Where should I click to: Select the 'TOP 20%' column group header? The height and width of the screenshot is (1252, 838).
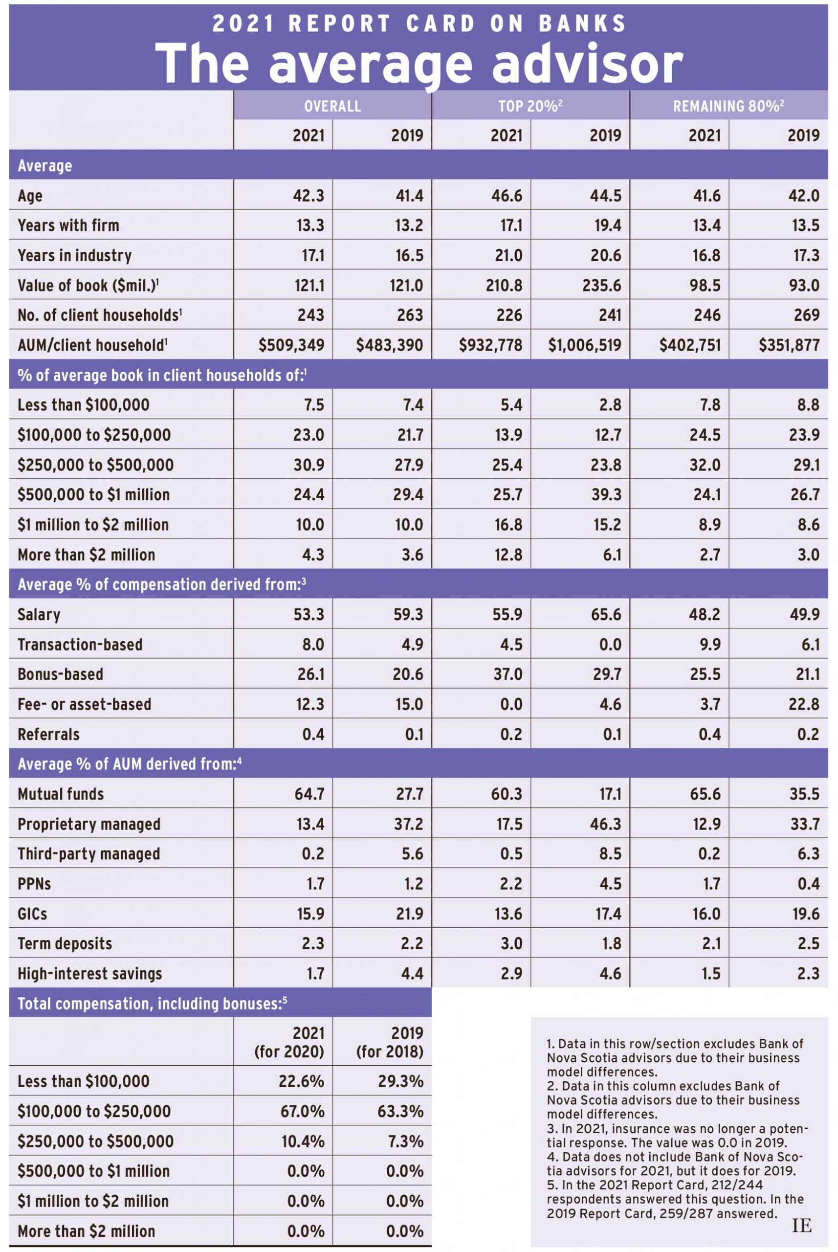coord(529,106)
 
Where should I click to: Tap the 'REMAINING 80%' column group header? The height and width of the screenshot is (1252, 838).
coord(728,106)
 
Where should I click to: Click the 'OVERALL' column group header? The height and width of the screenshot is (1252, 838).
coord(332,106)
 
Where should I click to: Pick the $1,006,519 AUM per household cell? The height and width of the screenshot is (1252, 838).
coord(585,345)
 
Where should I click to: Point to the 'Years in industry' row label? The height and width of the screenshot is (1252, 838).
coord(74,255)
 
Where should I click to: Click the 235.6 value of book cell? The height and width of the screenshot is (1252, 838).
coord(602,285)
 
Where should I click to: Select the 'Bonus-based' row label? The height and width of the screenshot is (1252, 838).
coord(61,674)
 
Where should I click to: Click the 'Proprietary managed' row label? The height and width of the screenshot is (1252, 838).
coord(88,824)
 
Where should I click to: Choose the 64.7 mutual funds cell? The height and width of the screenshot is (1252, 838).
coord(309,794)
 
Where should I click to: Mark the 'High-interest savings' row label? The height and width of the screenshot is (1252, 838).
coord(90,974)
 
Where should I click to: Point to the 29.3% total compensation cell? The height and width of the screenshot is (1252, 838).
coord(400,1081)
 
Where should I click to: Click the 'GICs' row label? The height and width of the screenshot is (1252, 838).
coord(33,914)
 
